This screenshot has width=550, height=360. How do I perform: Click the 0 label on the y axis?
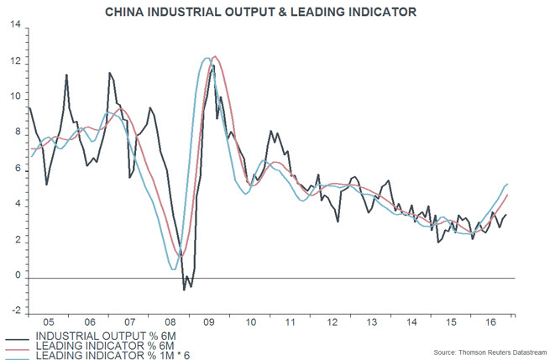click(x=18, y=276)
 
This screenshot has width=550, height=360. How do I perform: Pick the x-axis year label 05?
click(x=50, y=321)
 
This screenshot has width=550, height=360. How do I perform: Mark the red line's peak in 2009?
click(x=215, y=56)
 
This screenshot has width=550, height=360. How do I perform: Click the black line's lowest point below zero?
click(x=185, y=290)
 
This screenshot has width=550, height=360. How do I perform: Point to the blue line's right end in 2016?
click(x=508, y=184)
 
